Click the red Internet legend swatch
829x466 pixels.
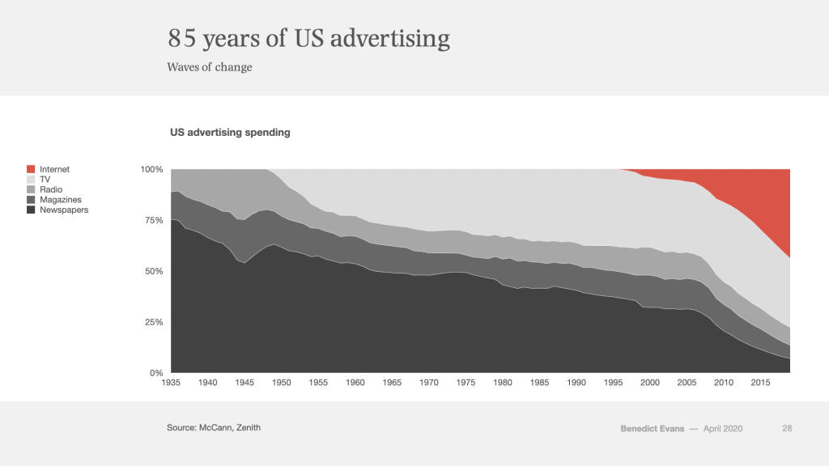pos(32,169)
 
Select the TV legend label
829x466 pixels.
pos(45,180)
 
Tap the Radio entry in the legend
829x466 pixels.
pos(50,189)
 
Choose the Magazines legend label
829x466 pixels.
pos(60,200)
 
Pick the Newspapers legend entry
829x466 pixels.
pos(64,210)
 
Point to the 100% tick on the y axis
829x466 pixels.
pos(152,169)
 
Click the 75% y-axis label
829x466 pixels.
pos(154,220)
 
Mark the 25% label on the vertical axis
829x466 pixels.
pos(154,322)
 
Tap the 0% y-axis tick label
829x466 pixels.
pos(156,373)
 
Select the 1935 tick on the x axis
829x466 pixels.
pos(171,382)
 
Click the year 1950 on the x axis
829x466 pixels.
pos(282,382)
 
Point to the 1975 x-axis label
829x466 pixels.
pos(466,382)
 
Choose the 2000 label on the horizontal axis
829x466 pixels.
pos(649,382)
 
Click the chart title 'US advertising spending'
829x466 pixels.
pos(230,132)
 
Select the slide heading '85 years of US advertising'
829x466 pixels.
pos(308,38)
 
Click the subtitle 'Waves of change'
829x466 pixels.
pos(210,67)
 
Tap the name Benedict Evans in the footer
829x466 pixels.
pos(652,428)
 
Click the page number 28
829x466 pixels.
pos(787,428)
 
